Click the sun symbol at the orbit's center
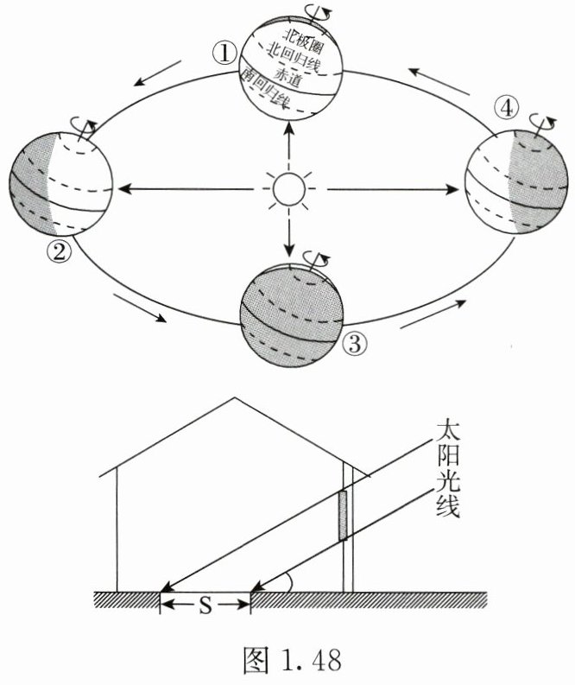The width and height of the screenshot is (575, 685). coord(287,188)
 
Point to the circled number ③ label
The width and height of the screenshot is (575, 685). coord(356,343)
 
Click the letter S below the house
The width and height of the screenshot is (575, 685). coord(205,605)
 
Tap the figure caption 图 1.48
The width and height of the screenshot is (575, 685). coord(287,661)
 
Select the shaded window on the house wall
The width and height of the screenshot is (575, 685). coord(343,515)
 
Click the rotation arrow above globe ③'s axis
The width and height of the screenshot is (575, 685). coord(320,257)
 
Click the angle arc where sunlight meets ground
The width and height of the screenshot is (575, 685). coord(292,584)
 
